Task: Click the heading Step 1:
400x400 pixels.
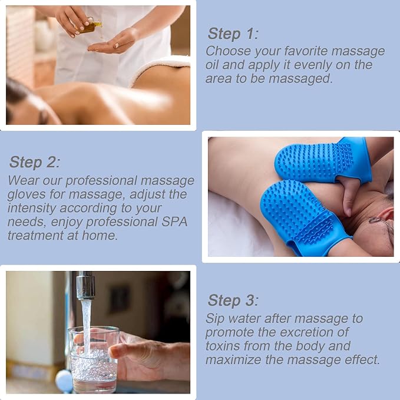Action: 233,34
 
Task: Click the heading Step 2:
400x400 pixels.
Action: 34,162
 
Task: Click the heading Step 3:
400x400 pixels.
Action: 233,300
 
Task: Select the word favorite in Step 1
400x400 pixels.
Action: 306,51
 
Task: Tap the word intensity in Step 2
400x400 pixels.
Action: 32,208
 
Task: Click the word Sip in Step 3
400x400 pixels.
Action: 215,319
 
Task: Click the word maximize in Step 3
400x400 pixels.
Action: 233,360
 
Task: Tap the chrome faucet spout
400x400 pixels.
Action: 85,286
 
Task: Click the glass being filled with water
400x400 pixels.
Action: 93,360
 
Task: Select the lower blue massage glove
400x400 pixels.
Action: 303,217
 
